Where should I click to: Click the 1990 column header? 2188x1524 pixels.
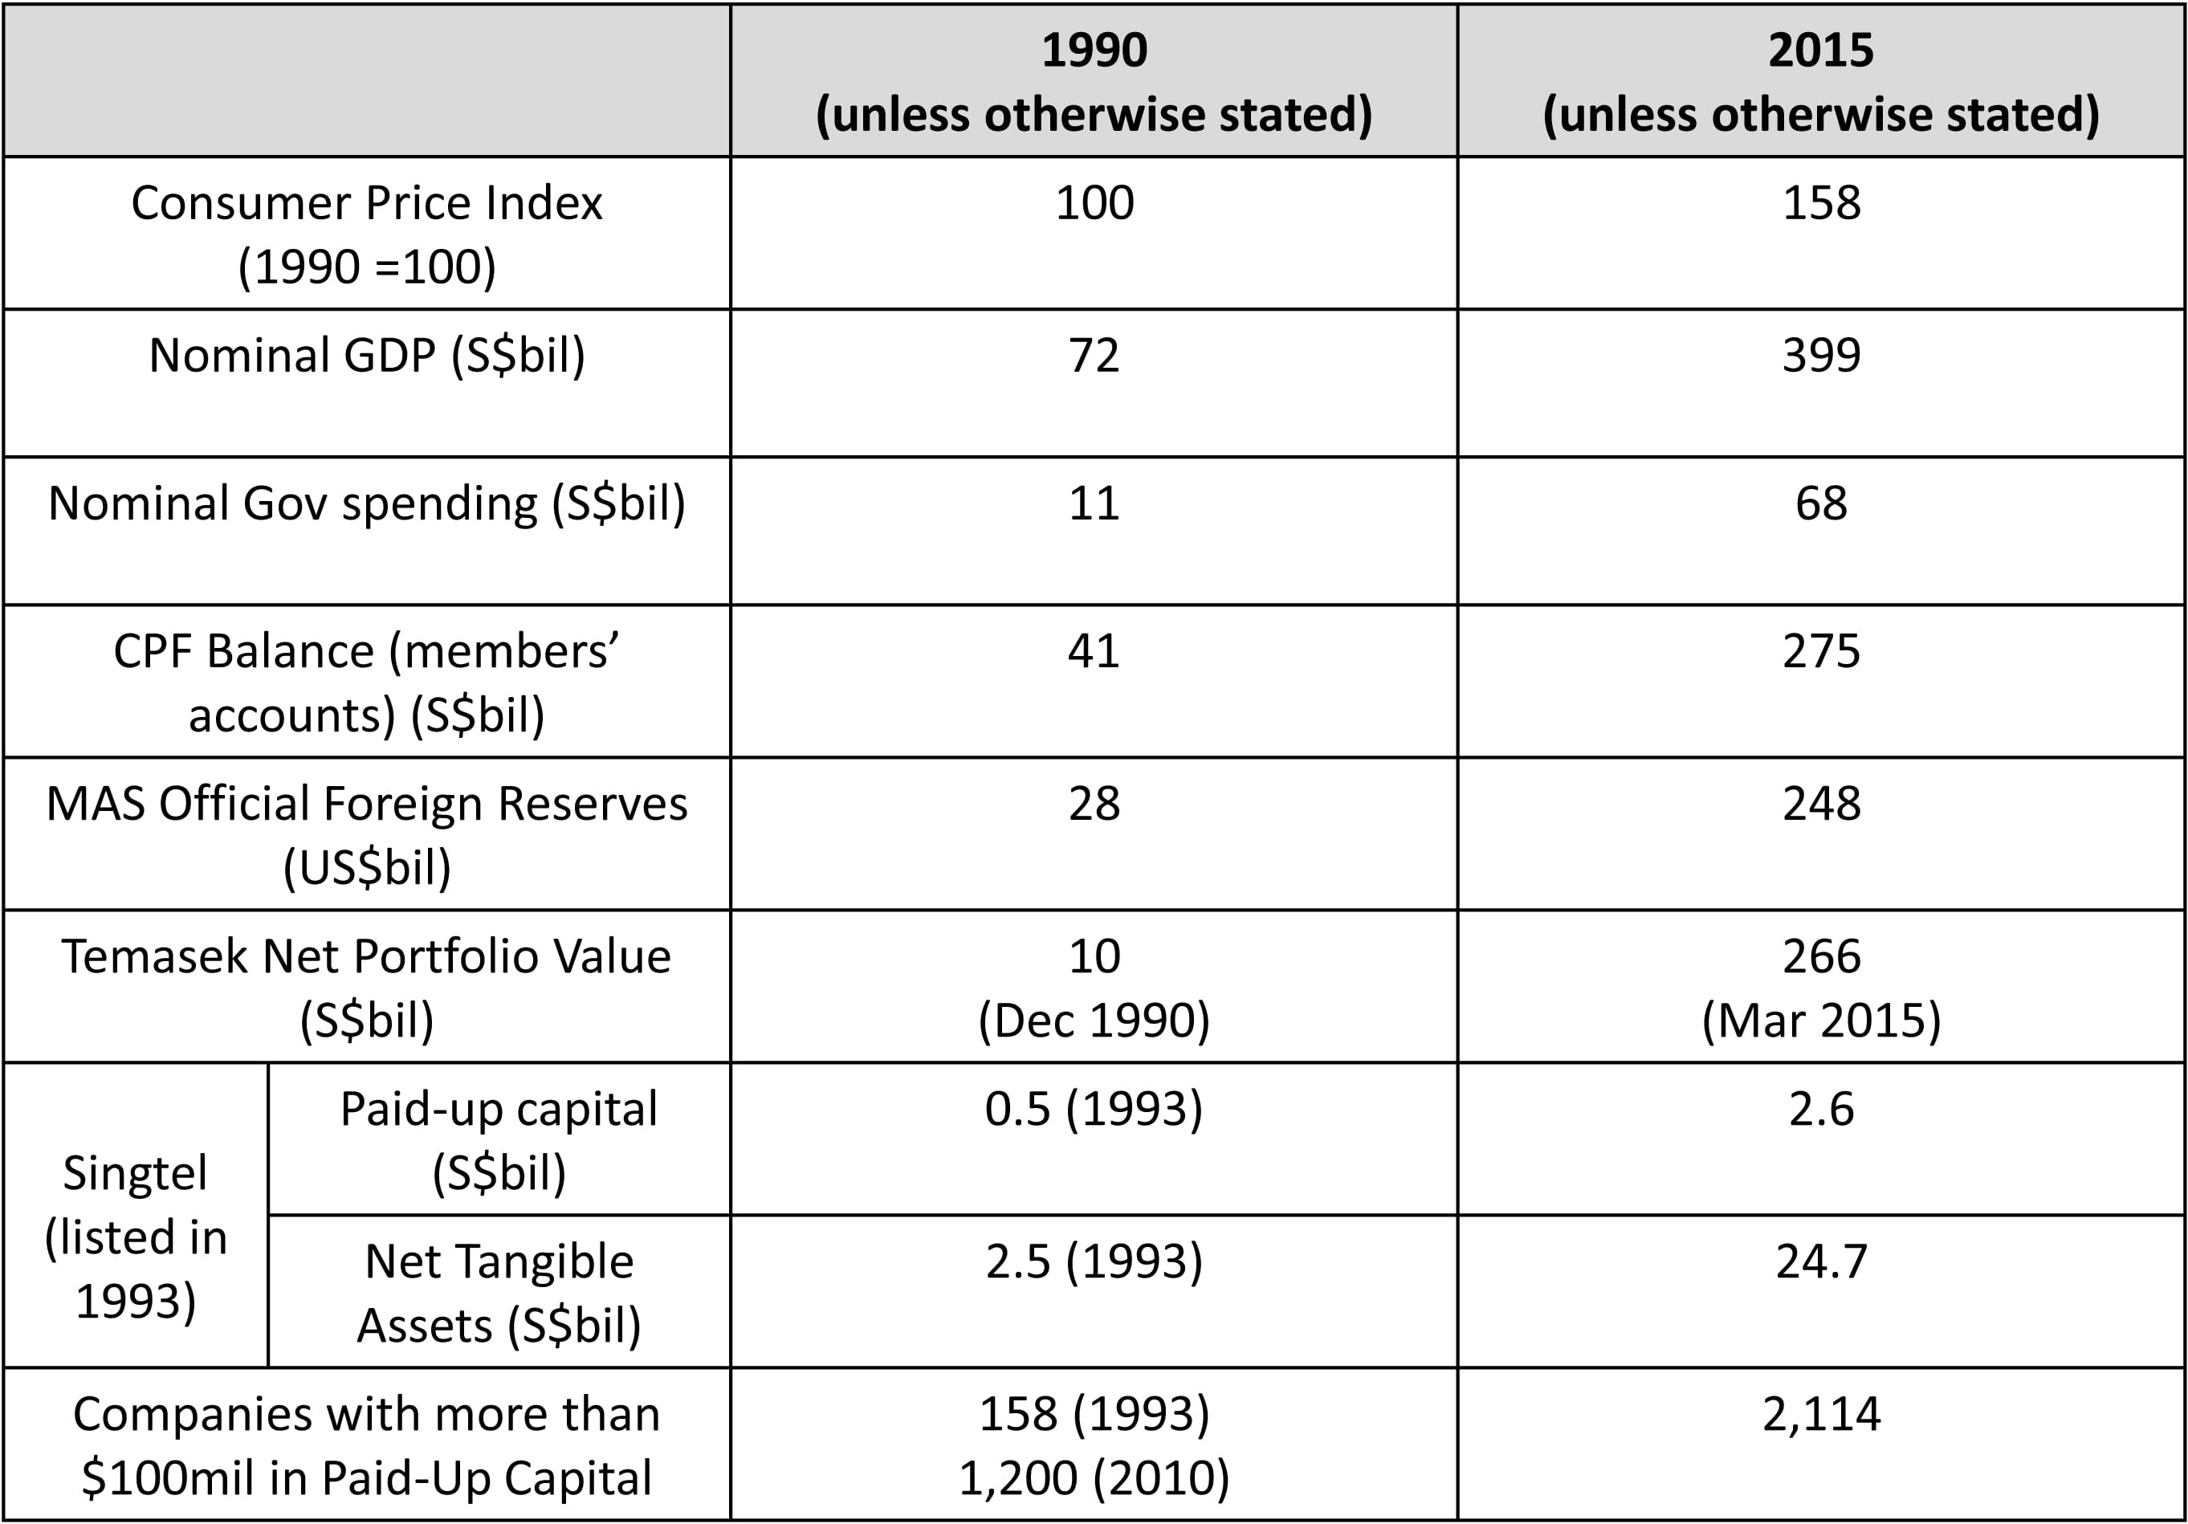[1093, 81]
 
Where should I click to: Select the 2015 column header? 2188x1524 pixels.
[1820, 81]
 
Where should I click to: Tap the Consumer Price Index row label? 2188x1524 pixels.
[367, 234]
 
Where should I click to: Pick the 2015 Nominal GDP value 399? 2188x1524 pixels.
[1821, 356]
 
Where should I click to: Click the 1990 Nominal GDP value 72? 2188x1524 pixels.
[1093, 356]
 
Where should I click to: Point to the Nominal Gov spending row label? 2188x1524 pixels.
[367, 503]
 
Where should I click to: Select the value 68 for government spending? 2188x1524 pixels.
[1821, 503]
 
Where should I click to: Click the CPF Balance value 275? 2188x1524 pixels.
[1821, 652]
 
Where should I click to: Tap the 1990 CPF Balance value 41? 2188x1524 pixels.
[1093, 652]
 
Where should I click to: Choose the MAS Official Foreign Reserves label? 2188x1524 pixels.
[367, 835]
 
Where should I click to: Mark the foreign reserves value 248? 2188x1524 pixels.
[1821, 805]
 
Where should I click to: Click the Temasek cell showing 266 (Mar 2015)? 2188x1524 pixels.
[1821, 988]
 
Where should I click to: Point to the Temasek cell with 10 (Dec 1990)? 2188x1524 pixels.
[1093, 988]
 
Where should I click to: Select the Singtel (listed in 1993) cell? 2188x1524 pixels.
[136, 1237]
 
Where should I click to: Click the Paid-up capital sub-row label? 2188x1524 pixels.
[499, 1140]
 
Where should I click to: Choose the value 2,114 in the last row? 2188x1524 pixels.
[1821, 1414]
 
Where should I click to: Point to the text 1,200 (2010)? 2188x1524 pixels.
[1093, 1478]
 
